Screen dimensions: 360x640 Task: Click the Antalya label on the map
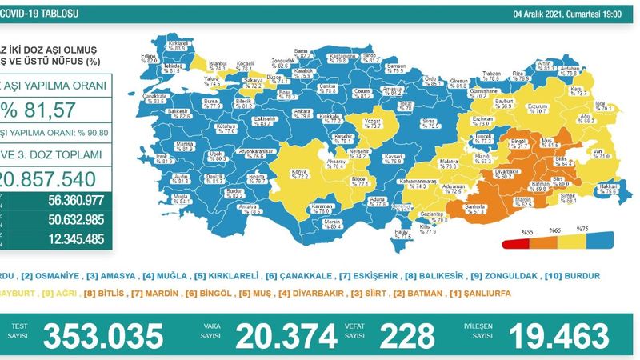click(x=252, y=208)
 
